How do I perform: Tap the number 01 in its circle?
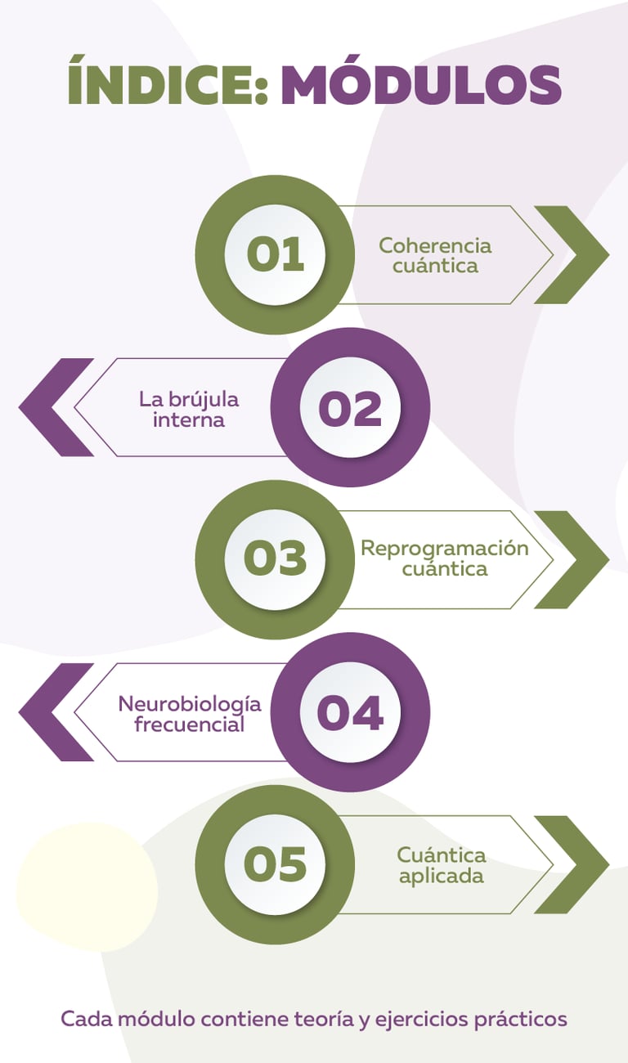pyautogui.click(x=275, y=254)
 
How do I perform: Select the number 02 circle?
pyautogui.click(x=350, y=407)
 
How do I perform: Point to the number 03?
pyautogui.click(x=275, y=559)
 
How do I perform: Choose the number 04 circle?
pyautogui.click(x=350, y=711)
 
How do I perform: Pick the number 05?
pyautogui.click(x=275, y=864)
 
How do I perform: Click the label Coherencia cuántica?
pyautogui.click(x=435, y=255)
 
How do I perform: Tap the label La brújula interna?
pyautogui.click(x=189, y=410)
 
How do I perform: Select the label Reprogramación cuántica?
pyautogui.click(x=445, y=558)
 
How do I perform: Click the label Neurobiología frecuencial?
pyautogui.click(x=190, y=713)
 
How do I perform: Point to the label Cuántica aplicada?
pyautogui.click(x=442, y=865)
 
